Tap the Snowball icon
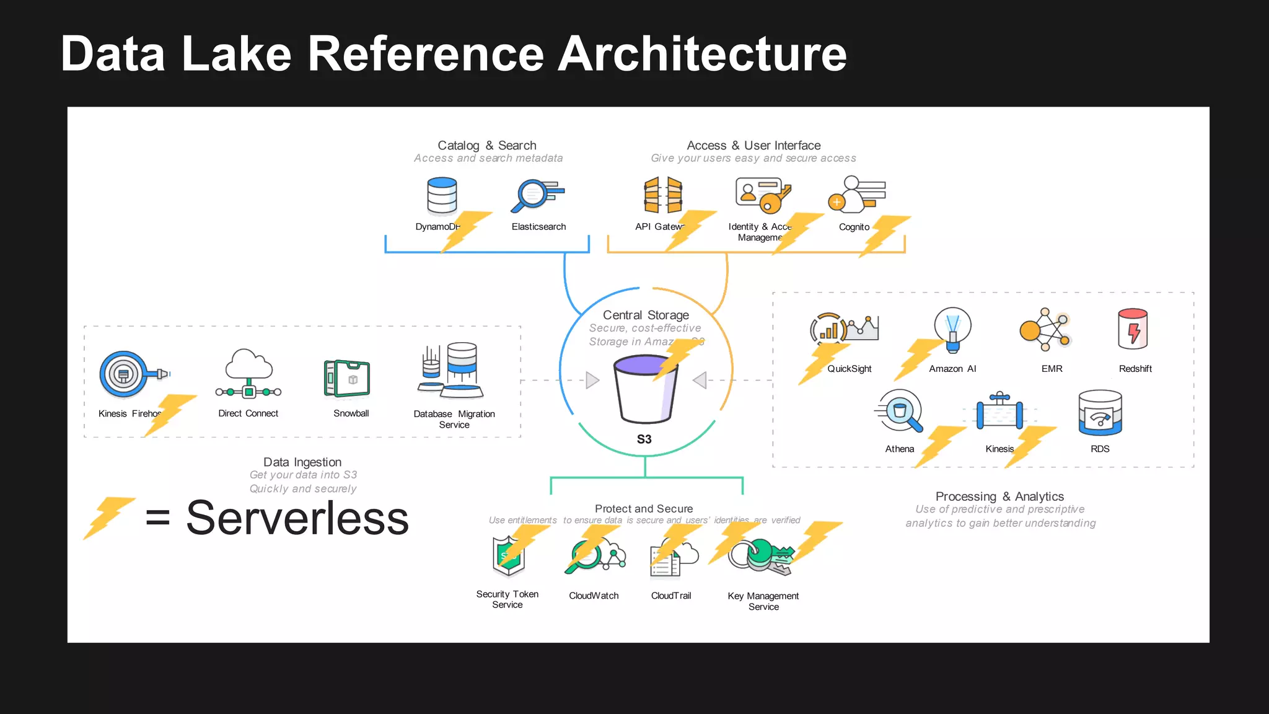point(347,378)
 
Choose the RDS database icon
point(1100,413)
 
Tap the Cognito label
point(854,227)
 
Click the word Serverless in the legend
point(297,518)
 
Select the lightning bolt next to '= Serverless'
point(108,517)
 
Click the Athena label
point(899,449)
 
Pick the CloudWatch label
point(594,596)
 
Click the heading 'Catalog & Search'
point(487,145)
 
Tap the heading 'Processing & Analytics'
point(999,496)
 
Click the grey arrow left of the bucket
point(592,380)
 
